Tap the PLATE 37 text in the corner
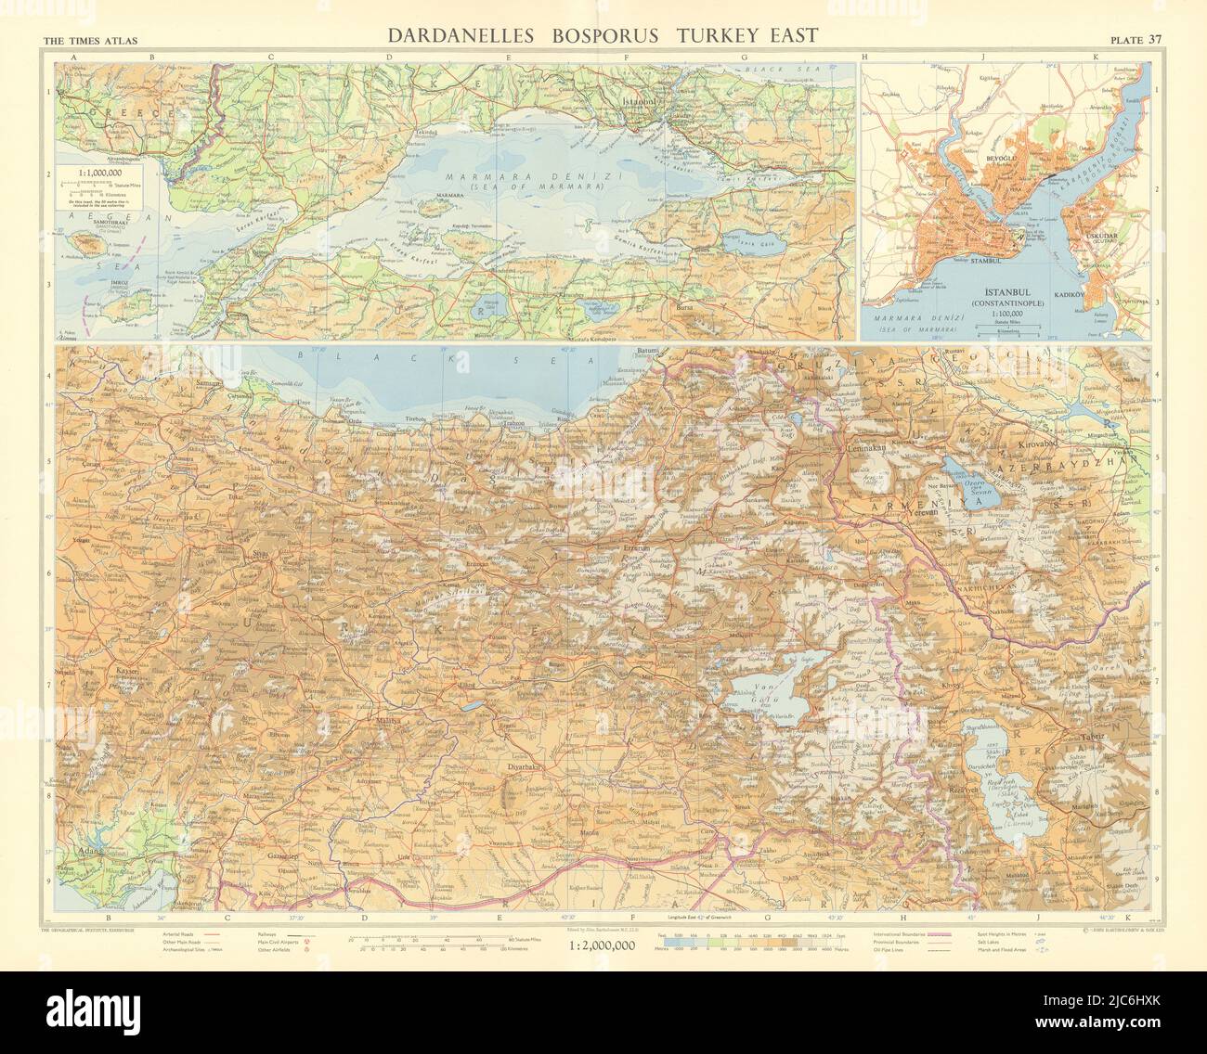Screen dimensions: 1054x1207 pyautogui.click(x=1138, y=39)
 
